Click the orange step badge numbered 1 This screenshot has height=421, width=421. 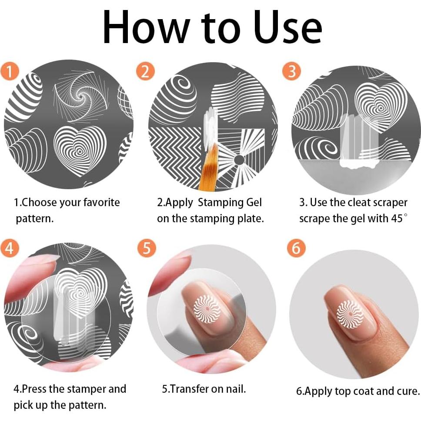point(10,71)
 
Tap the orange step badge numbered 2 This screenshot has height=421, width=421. point(145,71)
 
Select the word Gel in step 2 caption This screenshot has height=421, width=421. point(254,202)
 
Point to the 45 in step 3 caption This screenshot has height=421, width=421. point(396,218)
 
